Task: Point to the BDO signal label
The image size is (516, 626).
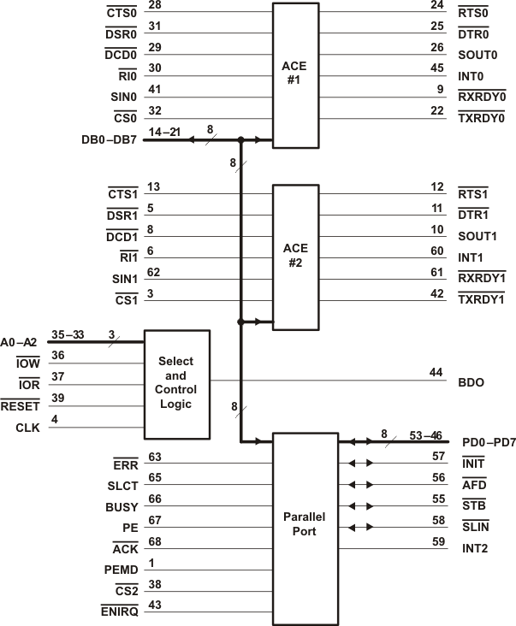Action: pos(472,381)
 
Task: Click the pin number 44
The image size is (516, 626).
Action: pos(437,373)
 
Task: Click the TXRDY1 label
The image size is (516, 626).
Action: pos(481,299)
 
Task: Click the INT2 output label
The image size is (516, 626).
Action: pos(473,548)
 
